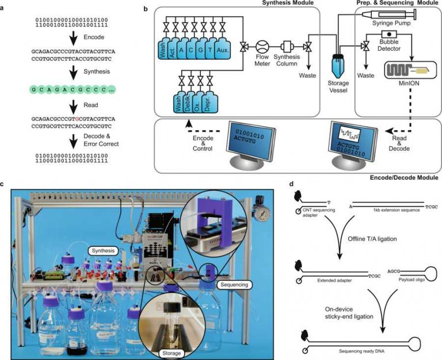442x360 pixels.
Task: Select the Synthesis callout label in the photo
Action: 104,251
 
